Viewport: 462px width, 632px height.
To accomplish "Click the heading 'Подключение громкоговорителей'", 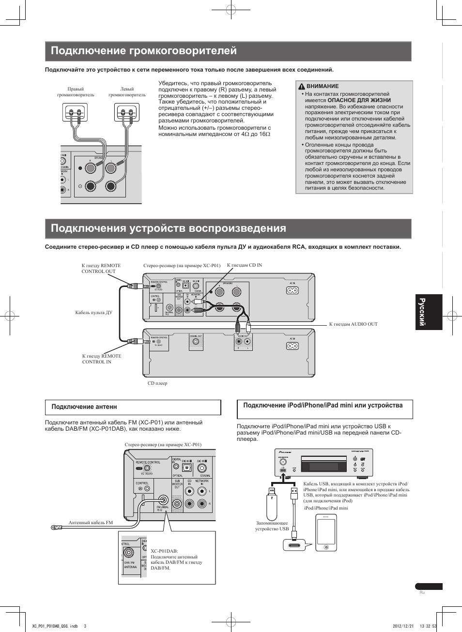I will [x=144, y=51].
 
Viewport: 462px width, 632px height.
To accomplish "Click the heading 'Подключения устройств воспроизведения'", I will [x=168, y=228].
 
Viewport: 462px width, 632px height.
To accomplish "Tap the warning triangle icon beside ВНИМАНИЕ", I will [x=301, y=87].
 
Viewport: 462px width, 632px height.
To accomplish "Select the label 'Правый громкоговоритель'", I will [x=76, y=92].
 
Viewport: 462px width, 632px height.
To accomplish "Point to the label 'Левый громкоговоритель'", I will [x=127, y=92].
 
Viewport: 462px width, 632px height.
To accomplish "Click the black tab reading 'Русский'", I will [x=429, y=312].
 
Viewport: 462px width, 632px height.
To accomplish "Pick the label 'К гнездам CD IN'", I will [x=245, y=265].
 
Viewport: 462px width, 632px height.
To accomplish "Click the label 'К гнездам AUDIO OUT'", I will [x=353, y=324].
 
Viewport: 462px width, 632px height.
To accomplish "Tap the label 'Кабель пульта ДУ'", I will [x=93, y=313].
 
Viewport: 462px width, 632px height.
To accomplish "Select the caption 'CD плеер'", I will [x=157, y=383].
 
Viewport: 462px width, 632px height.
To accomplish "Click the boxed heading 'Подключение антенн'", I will [x=84, y=407].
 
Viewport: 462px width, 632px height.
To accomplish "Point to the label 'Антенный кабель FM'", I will [x=91, y=523].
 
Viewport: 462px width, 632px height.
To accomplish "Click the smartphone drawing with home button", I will [x=326, y=532].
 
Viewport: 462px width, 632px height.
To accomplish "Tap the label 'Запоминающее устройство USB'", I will [x=272, y=526].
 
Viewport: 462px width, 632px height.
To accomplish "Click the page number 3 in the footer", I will [x=85, y=626].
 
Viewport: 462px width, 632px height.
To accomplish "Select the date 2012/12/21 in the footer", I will [x=402, y=626].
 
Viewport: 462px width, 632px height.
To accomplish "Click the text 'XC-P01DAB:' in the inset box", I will [x=164, y=551].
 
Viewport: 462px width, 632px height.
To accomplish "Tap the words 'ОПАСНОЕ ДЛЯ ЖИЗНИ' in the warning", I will [x=359, y=101].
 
